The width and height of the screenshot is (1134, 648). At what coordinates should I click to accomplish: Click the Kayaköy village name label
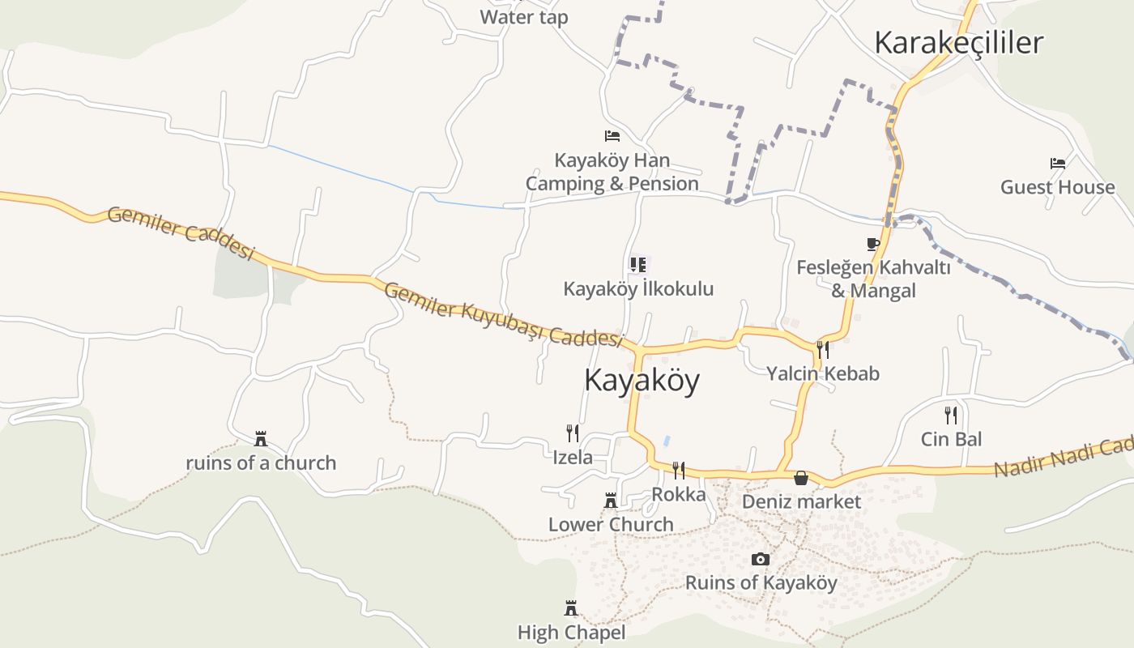pyautogui.click(x=642, y=380)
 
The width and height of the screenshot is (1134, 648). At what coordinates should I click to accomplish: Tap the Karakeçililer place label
pyautogui.click(x=958, y=43)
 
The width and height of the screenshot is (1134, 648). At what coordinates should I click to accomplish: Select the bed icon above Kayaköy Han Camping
pyautogui.click(x=612, y=136)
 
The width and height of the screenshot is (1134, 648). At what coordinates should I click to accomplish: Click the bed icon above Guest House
pyautogui.click(x=1057, y=164)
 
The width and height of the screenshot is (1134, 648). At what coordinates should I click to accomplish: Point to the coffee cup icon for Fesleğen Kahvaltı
pyautogui.click(x=872, y=244)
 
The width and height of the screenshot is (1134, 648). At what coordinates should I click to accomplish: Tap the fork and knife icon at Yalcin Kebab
pyautogui.click(x=823, y=349)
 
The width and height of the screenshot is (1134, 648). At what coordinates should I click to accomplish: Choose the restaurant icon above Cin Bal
pyautogui.click(x=951, y=416)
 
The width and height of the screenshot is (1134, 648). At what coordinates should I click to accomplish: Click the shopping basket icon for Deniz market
pyautogui.click(x=801, y=478)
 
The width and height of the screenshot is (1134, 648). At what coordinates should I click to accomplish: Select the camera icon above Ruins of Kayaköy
pyautogui.click(x=760, y=559)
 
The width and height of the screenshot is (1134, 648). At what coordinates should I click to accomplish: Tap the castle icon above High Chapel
pyautogui.click(x=571, y=607)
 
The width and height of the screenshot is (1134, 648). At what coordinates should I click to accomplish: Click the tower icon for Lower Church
pyautogui.click(x=611, y=501)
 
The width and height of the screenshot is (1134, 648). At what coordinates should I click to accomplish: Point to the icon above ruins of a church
pyautogui.click(x=261, y=439)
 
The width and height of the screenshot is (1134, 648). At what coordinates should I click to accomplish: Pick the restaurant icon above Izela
pyautogui.click(x=572, y=433)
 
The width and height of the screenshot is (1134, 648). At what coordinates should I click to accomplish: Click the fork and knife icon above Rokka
pyautogui.click(x=679, y=470)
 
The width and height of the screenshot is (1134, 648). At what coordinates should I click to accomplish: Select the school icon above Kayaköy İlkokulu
pyautogui.click(x=638, y=265)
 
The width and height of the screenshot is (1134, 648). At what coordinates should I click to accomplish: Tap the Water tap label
pyautogui.click(x=523, y=17)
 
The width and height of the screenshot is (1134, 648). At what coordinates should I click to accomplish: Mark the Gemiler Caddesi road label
pyautogui.click(x=181, y=232)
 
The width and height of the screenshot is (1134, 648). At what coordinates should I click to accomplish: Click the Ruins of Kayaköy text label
pyautogui.click(x=761, y=582)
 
